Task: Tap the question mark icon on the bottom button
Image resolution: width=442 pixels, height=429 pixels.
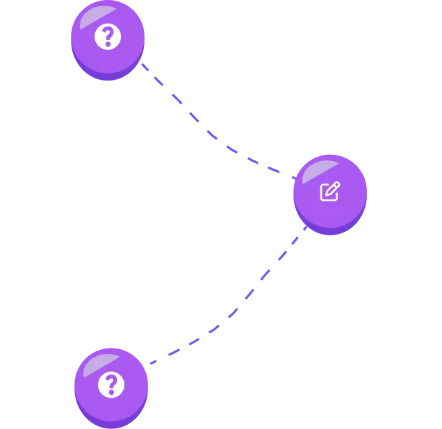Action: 110,384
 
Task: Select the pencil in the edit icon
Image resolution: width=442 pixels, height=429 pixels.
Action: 333,188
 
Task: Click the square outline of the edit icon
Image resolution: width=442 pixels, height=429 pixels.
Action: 327,194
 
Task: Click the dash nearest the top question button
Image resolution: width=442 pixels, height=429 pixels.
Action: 145,67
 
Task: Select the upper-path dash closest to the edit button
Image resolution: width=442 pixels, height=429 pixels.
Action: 275,169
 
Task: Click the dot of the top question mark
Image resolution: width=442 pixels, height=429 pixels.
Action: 108,44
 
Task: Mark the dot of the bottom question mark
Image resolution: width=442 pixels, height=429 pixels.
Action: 110,392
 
